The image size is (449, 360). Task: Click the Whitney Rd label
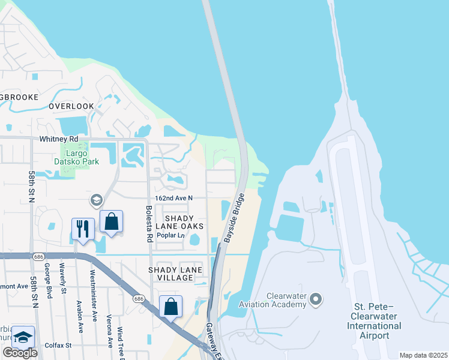pos(58,139)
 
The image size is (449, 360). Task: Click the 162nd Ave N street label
pos(173,198)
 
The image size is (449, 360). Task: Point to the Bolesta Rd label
pos(149,224)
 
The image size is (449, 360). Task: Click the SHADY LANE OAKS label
pos(179,221)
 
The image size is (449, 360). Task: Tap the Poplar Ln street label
pos(170,235)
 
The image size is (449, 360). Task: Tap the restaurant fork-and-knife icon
pos(83,228)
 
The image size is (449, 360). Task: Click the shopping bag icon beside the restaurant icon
pos(111,221)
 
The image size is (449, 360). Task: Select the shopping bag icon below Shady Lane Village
pos(170,306)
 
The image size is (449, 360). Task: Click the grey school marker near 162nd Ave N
pos(96,199)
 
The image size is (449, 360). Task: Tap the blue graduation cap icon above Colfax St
pos(23,337)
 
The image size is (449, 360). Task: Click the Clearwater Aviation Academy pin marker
pos(317,299)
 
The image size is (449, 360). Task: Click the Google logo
pos(20,353)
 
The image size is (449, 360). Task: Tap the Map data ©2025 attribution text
pos(423,355)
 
